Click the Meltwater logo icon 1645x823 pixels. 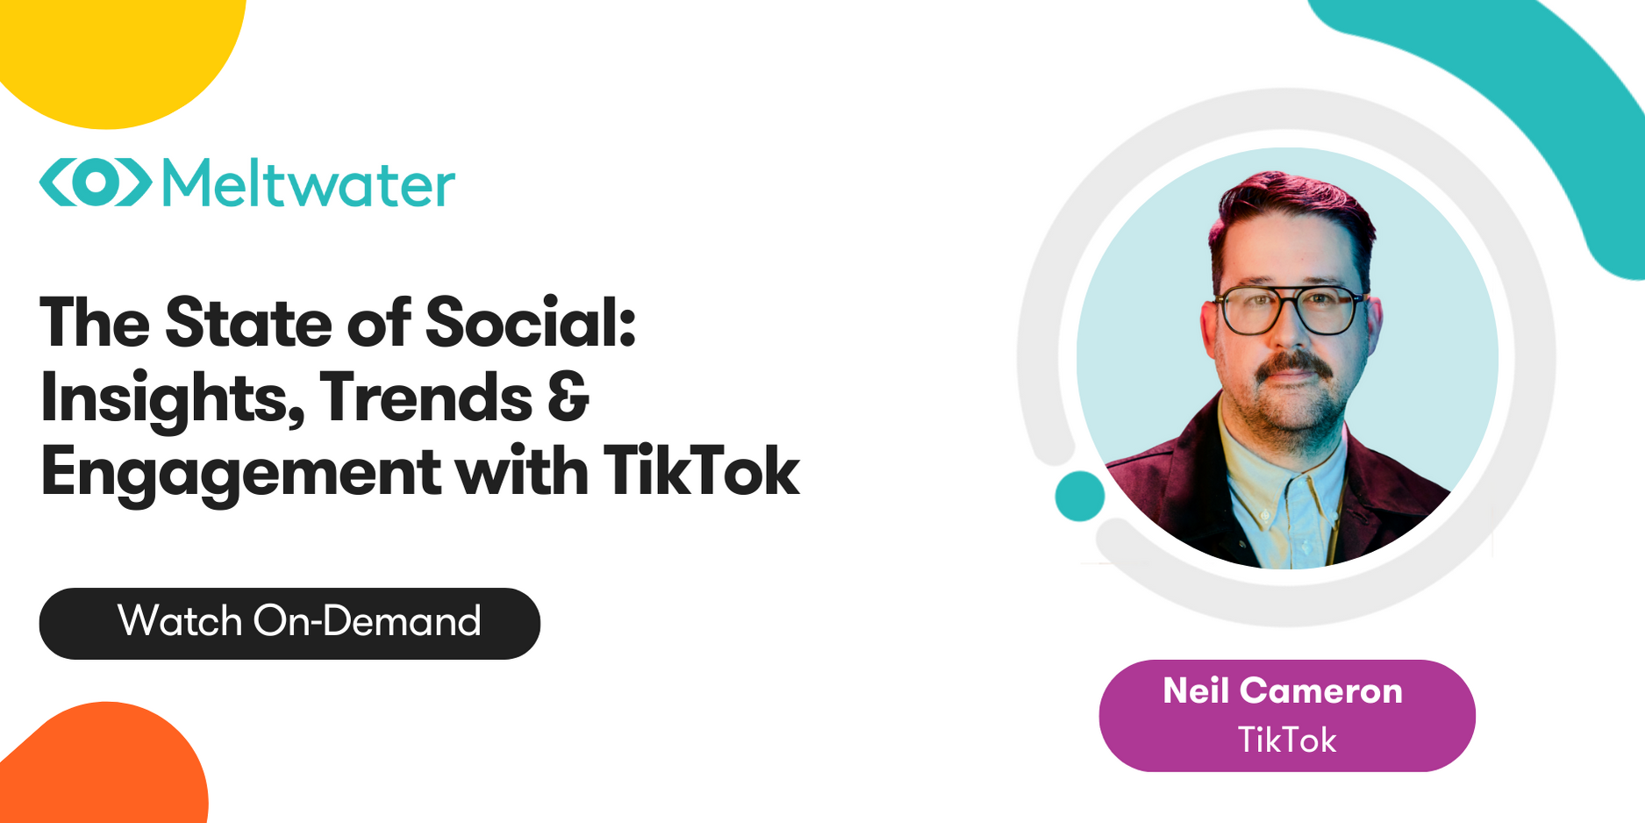pyautogui.click(x=96, y=182)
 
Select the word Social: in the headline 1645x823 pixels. pyautogui.click(x=530, y=323)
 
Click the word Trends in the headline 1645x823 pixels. pyautogui.click(x=426, y=398)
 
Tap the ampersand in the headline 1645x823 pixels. pyautogui.click(x=568, y=397)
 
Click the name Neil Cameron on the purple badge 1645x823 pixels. pyautogui.click(x=1283, y=691)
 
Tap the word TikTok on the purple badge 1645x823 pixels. pyautogui.click(x=1286, y=741)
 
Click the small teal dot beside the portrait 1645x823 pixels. pyautogui.click(x=1079, y=496)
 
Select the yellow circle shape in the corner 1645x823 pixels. pyautogui.click(x=114, y=53)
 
